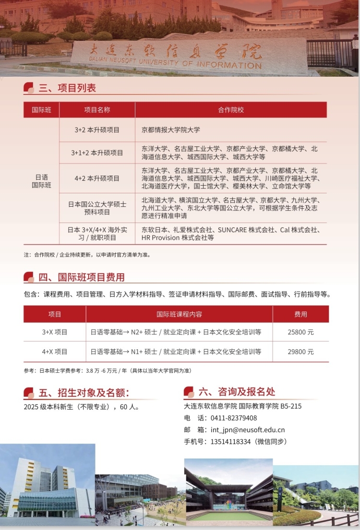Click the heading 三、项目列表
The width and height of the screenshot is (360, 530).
click(x=67, y=88)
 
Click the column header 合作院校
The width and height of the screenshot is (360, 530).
click(x=231, y=110)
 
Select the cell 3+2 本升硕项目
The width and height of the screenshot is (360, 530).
click(x=97, y=130)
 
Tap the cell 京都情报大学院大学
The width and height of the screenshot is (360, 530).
click(x=171, y=130)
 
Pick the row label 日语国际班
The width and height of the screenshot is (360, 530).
click(x=41, y=181)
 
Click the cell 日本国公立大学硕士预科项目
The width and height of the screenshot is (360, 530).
click(x=97, y=208)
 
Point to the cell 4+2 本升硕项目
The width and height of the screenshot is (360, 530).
click(x=97, y=178)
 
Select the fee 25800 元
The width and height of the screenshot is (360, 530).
click(x=300, y=331)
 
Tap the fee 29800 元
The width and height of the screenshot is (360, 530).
click(x=300, y=352)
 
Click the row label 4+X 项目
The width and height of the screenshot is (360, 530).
click(x=55, y=352)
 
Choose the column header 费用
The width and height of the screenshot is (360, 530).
click(x=300, y=314)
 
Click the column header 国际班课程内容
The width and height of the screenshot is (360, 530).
click(x=179, y=314)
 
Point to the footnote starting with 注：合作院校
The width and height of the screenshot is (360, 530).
click(x=87, y=255)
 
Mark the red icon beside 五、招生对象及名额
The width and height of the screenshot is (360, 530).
click(x=29, y=393)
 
